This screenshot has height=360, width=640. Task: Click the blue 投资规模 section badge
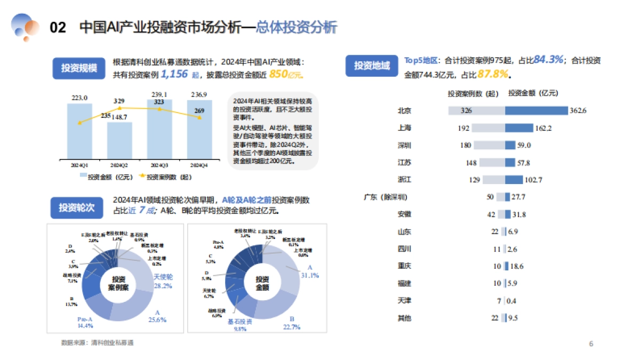79,68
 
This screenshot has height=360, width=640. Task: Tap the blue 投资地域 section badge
372,66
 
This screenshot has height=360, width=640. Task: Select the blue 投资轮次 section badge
76,207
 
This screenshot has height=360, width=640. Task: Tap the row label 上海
404,128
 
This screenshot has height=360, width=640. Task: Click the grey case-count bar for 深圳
489,145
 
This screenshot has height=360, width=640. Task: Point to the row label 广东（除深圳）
385,197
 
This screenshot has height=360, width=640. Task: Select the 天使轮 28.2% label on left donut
163,281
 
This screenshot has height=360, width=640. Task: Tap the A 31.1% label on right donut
310,272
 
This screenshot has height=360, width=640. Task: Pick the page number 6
591,343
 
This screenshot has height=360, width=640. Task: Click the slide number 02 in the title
58,28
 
